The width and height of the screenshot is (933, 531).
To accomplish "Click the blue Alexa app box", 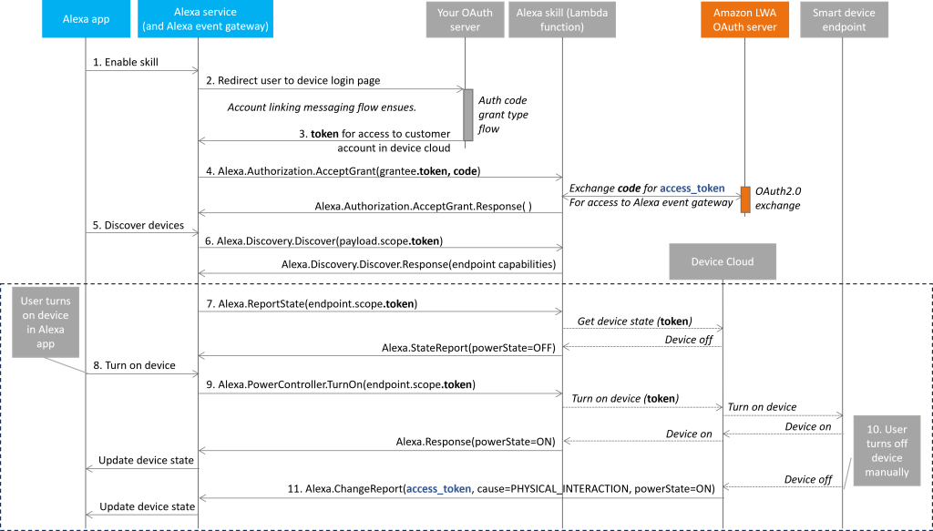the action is (86, 19).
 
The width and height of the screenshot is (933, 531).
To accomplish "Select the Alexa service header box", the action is (205, 19).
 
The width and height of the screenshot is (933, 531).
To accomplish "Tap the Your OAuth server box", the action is (465, 19).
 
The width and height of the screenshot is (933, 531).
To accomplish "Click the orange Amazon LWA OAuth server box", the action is (744, 19).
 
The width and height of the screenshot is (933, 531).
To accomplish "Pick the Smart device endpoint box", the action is (843, 19).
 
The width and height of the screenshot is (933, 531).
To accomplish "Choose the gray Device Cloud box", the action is (723, 261).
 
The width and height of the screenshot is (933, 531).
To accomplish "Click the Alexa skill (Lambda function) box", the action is (561, 19).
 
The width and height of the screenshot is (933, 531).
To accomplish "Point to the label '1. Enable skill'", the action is (126, 62).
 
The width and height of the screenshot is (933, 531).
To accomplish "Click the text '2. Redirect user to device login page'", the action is (293, 80).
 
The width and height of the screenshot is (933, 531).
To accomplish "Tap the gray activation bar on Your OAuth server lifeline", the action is (468, 116).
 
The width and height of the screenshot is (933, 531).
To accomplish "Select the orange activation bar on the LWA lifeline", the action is (745, 199).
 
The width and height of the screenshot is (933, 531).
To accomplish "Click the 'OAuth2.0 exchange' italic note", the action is (778, 198).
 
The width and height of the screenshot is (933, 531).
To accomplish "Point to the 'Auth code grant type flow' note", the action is (503, 114).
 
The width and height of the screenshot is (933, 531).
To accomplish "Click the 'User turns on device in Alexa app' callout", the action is (46, 322).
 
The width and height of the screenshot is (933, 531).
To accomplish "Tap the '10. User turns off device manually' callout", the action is (887, 451).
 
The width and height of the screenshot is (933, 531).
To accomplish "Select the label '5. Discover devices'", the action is (138, 225).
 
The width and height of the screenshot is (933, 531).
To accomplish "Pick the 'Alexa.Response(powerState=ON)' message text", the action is (476, 441).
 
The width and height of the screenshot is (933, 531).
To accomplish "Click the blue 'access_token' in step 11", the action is (439, 489).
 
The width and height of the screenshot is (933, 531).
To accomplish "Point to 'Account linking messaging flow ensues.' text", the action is (322, 107).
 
